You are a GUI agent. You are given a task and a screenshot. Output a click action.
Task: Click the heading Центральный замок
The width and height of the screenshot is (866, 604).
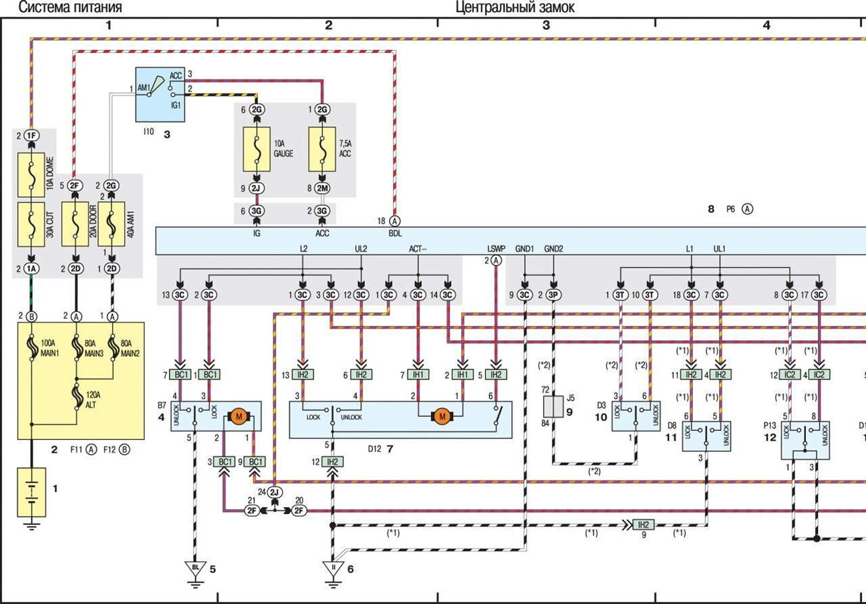(x=515, y=7)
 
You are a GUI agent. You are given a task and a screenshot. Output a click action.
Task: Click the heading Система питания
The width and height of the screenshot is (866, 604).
(x=69, y=7)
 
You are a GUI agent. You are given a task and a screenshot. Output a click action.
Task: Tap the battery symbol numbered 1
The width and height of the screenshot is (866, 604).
(x=32, y=491)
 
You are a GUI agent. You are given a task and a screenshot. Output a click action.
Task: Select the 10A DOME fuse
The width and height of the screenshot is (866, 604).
(x=32, y=175)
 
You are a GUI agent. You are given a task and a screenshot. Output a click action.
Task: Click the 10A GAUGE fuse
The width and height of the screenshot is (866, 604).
(x=256, y=149)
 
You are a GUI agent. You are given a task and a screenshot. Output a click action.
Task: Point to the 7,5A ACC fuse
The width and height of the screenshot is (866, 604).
(x=322, y=149)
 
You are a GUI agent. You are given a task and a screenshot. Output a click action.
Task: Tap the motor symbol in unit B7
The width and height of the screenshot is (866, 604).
(x=239, y=417)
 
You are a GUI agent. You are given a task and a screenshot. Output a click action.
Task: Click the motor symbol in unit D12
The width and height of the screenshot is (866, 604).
(x=442, y=417)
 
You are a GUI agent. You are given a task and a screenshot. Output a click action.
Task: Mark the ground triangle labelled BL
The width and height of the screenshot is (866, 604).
(x=195, y=568)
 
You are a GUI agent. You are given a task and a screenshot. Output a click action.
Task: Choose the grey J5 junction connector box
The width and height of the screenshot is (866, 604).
(x=554, y=407)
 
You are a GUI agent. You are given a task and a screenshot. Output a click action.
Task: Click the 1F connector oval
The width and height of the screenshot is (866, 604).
(x=32, y=135)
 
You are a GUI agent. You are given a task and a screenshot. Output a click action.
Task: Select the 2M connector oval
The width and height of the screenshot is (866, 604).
(x=322, y=188)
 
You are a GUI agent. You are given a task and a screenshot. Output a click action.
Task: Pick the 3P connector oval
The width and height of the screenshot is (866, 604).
(x=554, y=295)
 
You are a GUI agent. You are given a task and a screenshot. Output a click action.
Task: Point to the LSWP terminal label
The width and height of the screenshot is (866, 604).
(x=495, y=249)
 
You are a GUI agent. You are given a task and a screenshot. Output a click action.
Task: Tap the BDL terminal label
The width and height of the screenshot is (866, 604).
(x=395, y=234)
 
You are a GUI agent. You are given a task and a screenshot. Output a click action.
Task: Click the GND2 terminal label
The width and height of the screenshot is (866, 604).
(x=554, y=249)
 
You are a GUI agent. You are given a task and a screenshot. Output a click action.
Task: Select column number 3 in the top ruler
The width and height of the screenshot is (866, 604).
(x=546, y=25)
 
